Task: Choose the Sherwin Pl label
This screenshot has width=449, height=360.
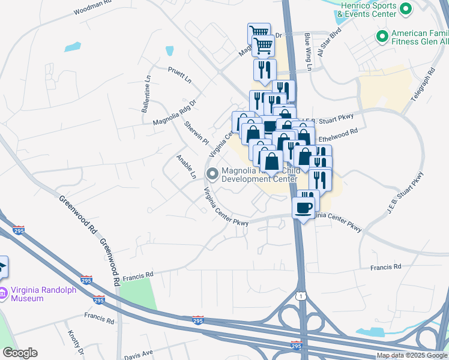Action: click(x=196, y=131)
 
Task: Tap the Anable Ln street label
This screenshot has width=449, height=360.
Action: click(x=186, y=166)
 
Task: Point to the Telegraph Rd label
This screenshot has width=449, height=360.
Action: click(x=424, y=84)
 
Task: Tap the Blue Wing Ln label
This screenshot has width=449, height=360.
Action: click(x=307, y=52)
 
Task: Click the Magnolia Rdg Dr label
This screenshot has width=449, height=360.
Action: click(x=175, y=113)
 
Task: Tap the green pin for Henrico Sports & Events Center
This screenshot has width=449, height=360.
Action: click(x=405, y=9)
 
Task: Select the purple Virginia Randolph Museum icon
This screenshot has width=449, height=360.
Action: click(x=3, y=293)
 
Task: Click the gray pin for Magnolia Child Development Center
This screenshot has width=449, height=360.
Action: click(x=212, y=174)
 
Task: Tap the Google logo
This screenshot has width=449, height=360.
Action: click(x=20, y=353)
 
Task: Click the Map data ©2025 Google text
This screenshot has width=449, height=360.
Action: click(x=411, y=355)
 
